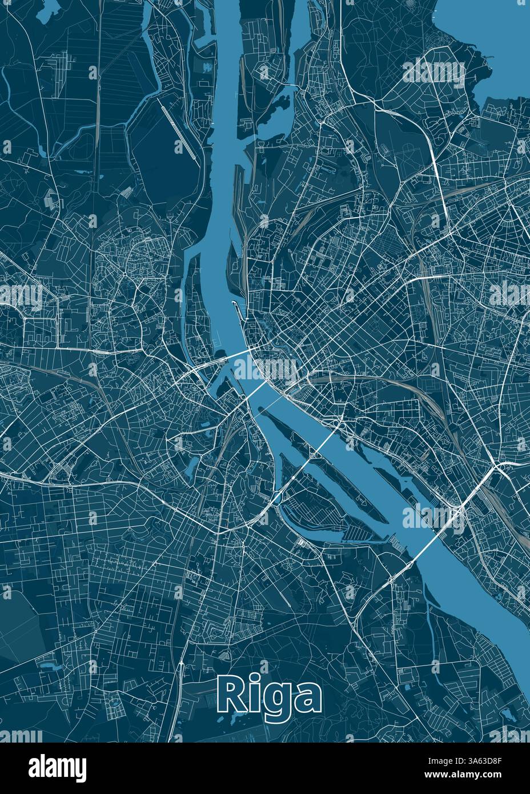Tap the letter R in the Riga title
click(x=228, y=694)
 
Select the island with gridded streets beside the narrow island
click(x=308, y=503)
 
